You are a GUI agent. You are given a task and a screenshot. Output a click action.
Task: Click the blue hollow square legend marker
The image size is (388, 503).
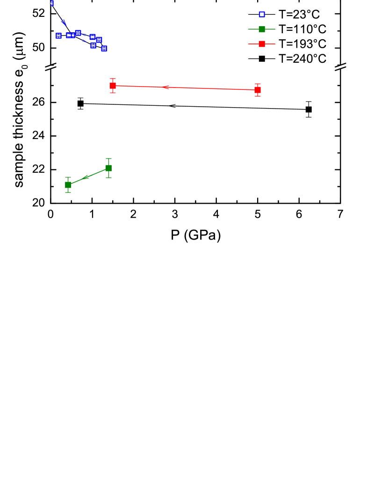(x=262, y=15)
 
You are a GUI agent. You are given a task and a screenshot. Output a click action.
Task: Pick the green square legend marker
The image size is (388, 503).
(x=262, y=29)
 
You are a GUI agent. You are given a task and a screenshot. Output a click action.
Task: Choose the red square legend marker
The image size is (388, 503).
(x=262, y=44)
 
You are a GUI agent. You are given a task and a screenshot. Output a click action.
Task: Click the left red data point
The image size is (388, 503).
(x=113, y=86)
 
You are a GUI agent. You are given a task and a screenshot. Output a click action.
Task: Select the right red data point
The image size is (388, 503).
(x=258, y=90)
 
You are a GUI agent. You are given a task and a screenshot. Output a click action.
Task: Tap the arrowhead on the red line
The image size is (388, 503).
(x=165, y=87)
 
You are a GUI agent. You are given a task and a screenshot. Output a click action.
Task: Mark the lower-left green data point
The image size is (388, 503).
(x=68, y=185)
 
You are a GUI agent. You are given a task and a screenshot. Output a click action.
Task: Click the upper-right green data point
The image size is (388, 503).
(x=108, y=168)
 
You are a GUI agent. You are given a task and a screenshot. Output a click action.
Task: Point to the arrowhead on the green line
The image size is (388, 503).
(x=86, y=177)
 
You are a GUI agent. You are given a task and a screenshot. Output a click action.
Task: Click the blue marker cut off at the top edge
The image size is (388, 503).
(x=51, y=3)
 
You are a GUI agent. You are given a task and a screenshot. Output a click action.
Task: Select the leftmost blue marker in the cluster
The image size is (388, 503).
(x=58, y=36)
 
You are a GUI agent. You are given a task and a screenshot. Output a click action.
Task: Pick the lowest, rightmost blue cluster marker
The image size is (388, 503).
(x=104, y=49)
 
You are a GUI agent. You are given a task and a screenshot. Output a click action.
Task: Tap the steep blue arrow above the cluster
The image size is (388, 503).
(x=64, y=22)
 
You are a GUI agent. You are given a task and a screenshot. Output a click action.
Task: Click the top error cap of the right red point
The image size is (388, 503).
(x=258, y=84)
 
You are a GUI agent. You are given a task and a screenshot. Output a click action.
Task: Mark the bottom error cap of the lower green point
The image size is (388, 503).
(x=68, y=192)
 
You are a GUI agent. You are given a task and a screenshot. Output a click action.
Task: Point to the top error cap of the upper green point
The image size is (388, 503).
(x=108, y=159)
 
